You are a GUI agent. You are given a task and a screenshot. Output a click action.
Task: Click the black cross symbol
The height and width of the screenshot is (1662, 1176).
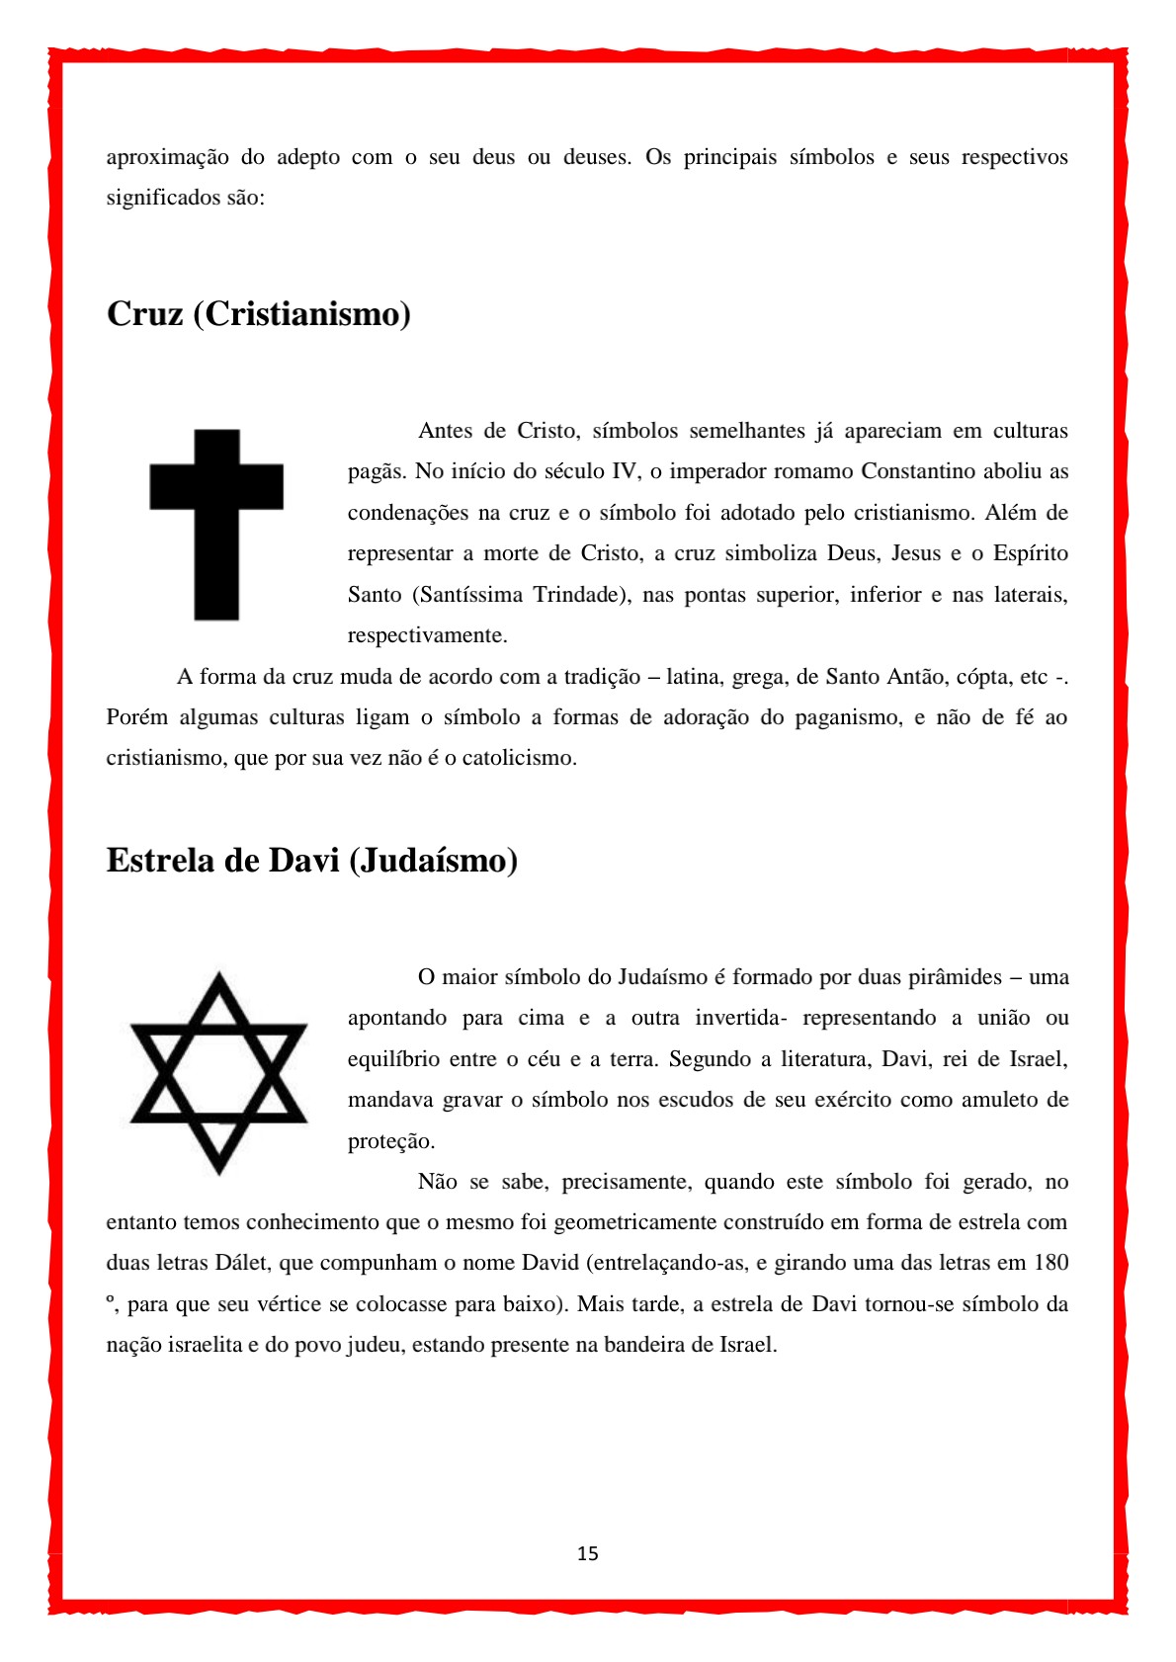216,524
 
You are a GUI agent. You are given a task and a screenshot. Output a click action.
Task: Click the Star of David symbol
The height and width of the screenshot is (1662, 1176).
218,1073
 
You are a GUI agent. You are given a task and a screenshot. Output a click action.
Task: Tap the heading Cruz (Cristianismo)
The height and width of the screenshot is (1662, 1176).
259,314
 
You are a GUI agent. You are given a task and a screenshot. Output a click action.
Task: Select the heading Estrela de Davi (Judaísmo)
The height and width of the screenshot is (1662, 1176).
312,861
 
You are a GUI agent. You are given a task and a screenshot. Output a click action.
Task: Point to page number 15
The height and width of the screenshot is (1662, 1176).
588,1554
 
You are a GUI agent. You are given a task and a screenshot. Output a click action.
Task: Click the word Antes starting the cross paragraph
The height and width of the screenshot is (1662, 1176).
448,431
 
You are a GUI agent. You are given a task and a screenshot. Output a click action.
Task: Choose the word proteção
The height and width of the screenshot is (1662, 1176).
391,1141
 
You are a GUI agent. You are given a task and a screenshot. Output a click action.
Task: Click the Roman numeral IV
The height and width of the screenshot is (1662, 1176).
625,471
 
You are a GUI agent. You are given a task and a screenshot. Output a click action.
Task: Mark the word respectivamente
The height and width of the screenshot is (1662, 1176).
428,635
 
